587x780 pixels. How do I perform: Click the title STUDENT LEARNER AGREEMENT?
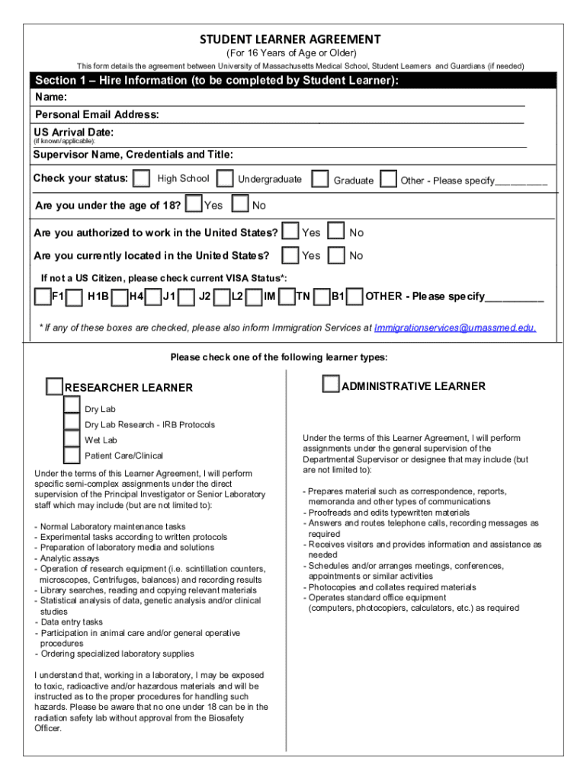tap(290, 39)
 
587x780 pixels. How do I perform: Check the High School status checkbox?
tap(141, 179)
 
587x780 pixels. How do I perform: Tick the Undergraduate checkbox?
tap(225, 179)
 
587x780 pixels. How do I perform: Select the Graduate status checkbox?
tap(321, 179)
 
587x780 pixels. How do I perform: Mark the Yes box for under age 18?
tap(194, 204)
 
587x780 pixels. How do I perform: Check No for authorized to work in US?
tap(336, 232)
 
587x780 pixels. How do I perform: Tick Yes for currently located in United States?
tap(290, 255)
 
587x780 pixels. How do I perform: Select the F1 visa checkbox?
tap(43, 296)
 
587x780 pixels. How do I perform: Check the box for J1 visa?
tap(153, 296)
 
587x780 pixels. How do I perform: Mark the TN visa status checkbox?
tap(287, 296)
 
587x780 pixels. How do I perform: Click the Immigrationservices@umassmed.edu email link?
tap(455, 328)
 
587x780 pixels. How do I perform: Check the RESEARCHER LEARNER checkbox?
tap(54, 387)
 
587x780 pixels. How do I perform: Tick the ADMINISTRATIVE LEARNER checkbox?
tap(331, 385)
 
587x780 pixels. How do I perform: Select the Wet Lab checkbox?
tap(72, 440)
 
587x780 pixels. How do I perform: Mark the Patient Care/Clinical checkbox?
tap(72, 456)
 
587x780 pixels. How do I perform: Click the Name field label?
tap(51, 97)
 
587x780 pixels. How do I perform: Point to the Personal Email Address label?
tap(96, 115)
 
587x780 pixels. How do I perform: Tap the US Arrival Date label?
tap(73, 133)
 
